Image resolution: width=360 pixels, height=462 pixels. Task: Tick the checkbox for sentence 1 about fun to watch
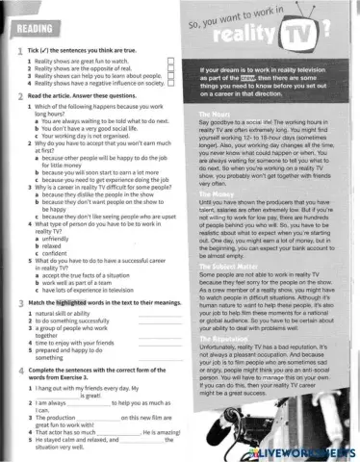point(170,61)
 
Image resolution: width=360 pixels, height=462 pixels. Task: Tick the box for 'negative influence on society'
point(170,83)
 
